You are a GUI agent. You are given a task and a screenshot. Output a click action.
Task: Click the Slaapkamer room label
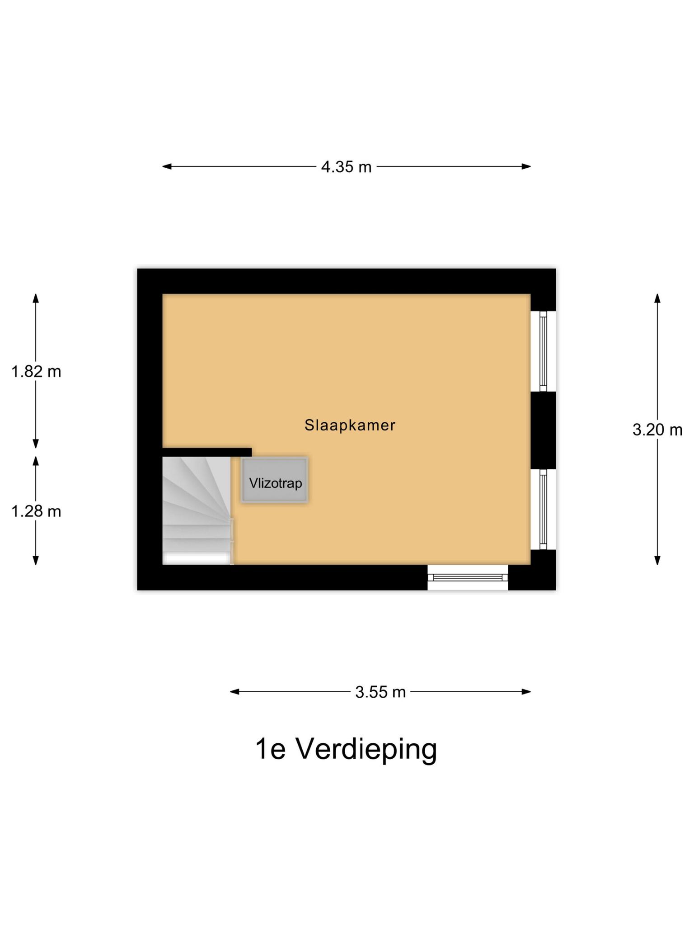coord(350,425)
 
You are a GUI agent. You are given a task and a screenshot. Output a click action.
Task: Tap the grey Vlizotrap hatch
coord(275,480)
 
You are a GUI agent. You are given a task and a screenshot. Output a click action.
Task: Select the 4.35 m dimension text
coord(346,167)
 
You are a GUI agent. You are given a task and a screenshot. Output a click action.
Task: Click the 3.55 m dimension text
coord(380,692)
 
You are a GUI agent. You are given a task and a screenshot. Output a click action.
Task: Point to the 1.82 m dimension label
coord(36,371)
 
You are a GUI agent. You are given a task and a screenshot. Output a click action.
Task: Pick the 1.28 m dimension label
coord(36,511)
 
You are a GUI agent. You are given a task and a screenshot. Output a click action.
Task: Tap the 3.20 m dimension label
coord(657,430)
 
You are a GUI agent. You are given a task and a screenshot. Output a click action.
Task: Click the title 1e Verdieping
coord(346,749)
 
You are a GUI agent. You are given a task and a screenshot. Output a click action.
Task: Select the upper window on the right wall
coord(543,351)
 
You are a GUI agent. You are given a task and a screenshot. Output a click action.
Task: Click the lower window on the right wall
coord(543,509)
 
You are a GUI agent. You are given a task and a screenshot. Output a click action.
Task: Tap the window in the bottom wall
coord(468,577)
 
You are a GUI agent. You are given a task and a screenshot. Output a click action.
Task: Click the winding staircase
coord(197,510)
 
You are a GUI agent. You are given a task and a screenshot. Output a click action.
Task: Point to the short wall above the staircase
coord(207,452)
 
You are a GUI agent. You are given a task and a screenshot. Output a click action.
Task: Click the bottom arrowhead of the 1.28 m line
coord(36,561)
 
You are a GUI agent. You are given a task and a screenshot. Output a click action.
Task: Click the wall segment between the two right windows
coord(543,430)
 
